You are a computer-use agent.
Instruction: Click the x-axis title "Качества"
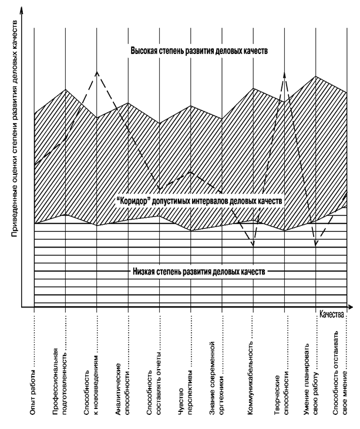(332, 314)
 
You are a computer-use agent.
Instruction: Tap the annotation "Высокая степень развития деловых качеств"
(199, 52)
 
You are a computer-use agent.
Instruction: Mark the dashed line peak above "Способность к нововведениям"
(97, 72)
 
